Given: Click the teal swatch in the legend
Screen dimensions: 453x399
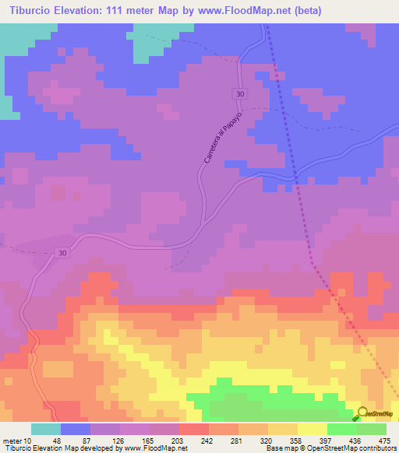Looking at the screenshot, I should [46, 428].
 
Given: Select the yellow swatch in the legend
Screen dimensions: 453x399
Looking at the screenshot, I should [312, 428].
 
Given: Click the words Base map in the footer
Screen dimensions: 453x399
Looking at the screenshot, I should [282, 448].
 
